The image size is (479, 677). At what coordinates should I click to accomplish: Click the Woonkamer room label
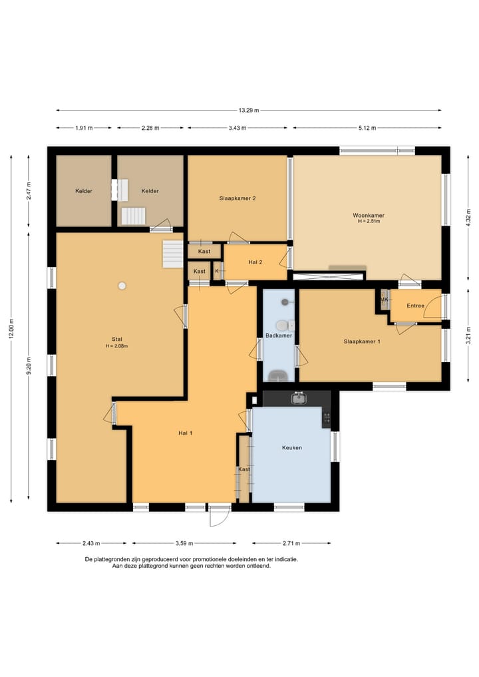(368, 216)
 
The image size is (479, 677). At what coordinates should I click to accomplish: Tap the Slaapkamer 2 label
(238, 198)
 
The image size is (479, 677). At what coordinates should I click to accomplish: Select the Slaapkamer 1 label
(362, 341)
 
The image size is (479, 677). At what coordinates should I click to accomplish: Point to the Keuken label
(291, 448)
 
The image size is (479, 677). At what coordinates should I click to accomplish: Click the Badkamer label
(279, 336)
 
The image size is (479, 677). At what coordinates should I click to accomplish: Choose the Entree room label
(416, 306)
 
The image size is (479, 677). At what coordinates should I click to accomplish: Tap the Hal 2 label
(255, 262)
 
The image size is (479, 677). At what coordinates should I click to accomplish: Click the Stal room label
(116, 339)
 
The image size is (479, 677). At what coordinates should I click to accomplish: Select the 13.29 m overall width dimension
(249, 111)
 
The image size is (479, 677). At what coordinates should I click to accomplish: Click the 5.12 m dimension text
(367, 128)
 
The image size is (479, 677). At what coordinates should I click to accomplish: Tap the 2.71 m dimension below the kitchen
(291, 543)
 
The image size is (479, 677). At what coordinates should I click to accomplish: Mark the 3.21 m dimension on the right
(468, 336)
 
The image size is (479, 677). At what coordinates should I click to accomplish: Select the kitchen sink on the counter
(298, 398)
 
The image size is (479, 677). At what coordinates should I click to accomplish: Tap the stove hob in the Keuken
(327, 417)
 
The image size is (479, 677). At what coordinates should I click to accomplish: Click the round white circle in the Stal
(122, 286)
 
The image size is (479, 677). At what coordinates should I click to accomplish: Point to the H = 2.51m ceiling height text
(369, 222)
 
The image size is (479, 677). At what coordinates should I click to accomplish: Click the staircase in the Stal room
(172, 254)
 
